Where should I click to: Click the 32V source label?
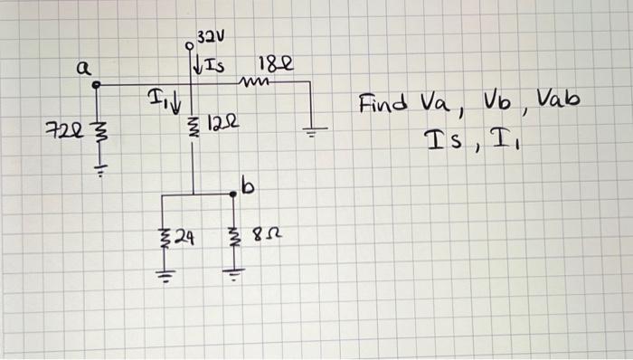[211, 37]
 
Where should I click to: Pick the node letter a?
[82, 67]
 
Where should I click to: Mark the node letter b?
[249, 187]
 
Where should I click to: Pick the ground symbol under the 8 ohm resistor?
[233, 273]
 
